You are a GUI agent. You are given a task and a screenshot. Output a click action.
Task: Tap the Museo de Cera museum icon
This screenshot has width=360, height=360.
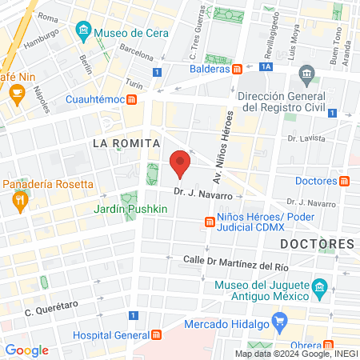click(x=84, y=33)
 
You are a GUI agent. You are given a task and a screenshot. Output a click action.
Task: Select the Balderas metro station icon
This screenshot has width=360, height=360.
click(x=238, y=69)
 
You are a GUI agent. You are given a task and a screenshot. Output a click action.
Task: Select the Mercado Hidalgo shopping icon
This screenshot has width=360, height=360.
click(x=279, y=324)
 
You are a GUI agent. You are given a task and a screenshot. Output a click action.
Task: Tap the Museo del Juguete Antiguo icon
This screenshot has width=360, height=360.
click(x=319, y=286)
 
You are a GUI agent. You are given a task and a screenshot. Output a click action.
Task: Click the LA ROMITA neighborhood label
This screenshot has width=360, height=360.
click(x=122, y=143)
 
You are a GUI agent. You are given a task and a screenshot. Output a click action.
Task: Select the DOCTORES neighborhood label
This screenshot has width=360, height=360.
click(x=317, y=243)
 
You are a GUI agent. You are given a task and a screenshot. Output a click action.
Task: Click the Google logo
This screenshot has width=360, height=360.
click(x=26, y=350)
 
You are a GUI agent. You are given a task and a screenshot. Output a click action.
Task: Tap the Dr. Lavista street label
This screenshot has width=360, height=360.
click(x=308, y=138)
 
